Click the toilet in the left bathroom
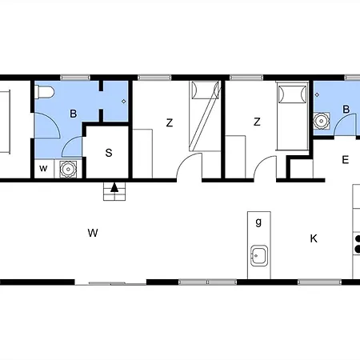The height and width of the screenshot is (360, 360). tap(44, 92)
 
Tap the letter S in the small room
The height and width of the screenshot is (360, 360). tap(109, 153)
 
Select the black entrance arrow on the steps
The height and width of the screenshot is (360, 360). tap(114, 187)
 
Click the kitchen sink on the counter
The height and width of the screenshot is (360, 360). tap(259, 255)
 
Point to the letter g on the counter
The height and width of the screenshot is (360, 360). tap(258, 222)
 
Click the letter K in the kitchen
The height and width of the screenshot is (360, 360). tap(314, 238)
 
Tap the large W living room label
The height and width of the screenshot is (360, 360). tap(93, 233)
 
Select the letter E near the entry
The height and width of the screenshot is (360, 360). tap(346, 160)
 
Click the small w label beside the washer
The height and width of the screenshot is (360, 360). tap(43, 169)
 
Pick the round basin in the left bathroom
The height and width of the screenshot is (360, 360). tap(68, 169)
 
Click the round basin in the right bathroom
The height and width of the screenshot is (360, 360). tap(322, 121)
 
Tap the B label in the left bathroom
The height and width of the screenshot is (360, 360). tap(73, 114)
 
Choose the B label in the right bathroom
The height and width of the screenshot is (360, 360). tap(346, 109)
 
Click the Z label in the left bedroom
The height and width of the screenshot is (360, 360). tap(170, 123)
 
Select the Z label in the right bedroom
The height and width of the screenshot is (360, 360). tap(257, 122)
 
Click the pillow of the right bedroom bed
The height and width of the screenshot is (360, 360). tap(293, 94)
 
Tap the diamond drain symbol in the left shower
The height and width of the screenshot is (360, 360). tap(123, 102)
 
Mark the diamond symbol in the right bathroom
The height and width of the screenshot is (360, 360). tap(317, 94)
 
